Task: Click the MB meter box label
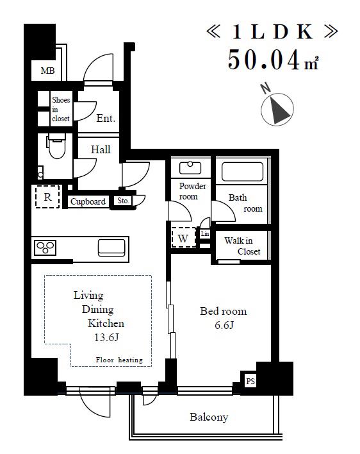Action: [47, 71]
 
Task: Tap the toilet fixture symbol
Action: [56, 146]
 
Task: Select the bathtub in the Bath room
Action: [242, 172]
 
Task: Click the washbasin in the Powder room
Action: [190, 167]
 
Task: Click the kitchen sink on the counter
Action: [111, 248]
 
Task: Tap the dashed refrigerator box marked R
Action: [47, 197]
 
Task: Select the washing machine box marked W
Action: [183, 238]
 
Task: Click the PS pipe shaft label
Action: [250, 381]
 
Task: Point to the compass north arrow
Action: [277, 110]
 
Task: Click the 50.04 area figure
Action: [264, 60]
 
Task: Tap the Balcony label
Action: [209, 417]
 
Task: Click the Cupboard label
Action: [88, 201]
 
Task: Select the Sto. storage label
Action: [123, 200]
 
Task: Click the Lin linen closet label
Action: [205, 233]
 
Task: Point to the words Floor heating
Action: [119, 360]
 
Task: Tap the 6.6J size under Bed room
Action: [224, 326]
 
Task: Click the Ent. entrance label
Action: [106, 118]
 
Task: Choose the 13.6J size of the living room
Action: [106, 337]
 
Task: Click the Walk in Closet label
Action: [242, 246]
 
